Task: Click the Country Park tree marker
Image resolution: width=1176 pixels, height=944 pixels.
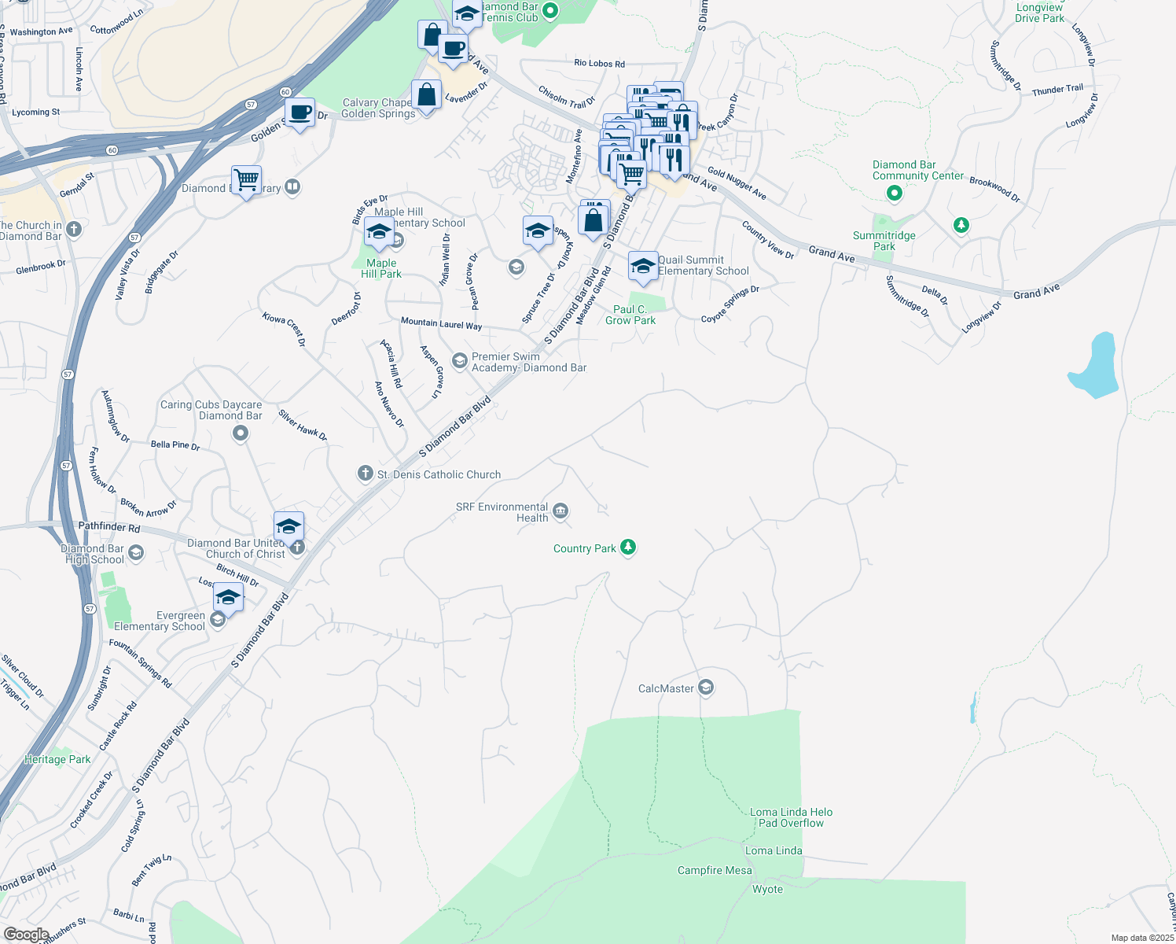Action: (627, 547)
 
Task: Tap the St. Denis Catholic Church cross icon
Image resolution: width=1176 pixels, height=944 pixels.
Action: (365, 474)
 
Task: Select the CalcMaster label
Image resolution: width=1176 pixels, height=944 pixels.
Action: (666, 688)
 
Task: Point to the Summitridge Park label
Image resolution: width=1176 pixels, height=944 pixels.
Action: (884, 241)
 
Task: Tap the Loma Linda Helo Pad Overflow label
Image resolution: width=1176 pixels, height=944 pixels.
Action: (791, 817)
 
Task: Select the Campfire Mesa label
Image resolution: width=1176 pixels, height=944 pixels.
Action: (715, 870)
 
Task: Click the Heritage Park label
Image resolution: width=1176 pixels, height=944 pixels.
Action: (57, 759)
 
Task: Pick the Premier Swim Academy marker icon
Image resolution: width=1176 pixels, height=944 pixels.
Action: (460, 360)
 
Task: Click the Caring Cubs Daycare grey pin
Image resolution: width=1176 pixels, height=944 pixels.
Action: (241, 433)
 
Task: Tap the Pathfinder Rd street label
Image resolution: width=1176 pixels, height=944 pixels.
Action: (109, 527)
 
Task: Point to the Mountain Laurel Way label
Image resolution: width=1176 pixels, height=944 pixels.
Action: (441, 323)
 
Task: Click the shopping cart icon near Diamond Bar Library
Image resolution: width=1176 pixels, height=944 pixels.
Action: (247, 180)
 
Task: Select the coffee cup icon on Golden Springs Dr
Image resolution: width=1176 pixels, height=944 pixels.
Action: (300, 112)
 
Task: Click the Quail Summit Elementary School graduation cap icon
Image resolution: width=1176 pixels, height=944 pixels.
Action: (643, 266)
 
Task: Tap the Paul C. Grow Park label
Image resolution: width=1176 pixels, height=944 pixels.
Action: (630, 315)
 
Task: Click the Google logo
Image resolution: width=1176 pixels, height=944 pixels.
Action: (26, 935)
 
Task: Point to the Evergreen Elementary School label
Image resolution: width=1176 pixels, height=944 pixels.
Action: (160, 621)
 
